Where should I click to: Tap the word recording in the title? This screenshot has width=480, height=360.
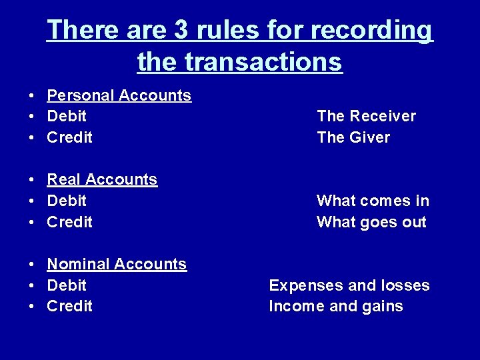coord(377,31)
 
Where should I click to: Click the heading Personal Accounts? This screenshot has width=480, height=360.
coord(119,95)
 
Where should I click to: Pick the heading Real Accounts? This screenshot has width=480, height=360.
coord(102,179)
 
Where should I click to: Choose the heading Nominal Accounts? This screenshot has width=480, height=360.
coord(117,264)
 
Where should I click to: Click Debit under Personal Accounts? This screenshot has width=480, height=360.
coord(67,117)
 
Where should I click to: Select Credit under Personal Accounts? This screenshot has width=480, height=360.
coord(69,137)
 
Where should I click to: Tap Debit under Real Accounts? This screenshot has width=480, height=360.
coord(67,201)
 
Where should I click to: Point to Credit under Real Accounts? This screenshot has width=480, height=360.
coord(69,222)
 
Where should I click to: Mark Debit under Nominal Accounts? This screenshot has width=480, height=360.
coord(67,285)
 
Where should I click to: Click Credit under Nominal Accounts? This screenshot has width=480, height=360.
coord(69,306)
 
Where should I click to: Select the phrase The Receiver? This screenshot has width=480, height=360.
coord(366,117)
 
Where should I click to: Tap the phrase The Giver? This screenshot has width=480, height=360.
coord(353,137)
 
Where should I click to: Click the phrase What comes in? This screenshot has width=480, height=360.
coord(373,201)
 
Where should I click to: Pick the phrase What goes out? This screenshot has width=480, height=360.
coord(371,222)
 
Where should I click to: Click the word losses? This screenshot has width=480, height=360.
coord(405,285)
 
